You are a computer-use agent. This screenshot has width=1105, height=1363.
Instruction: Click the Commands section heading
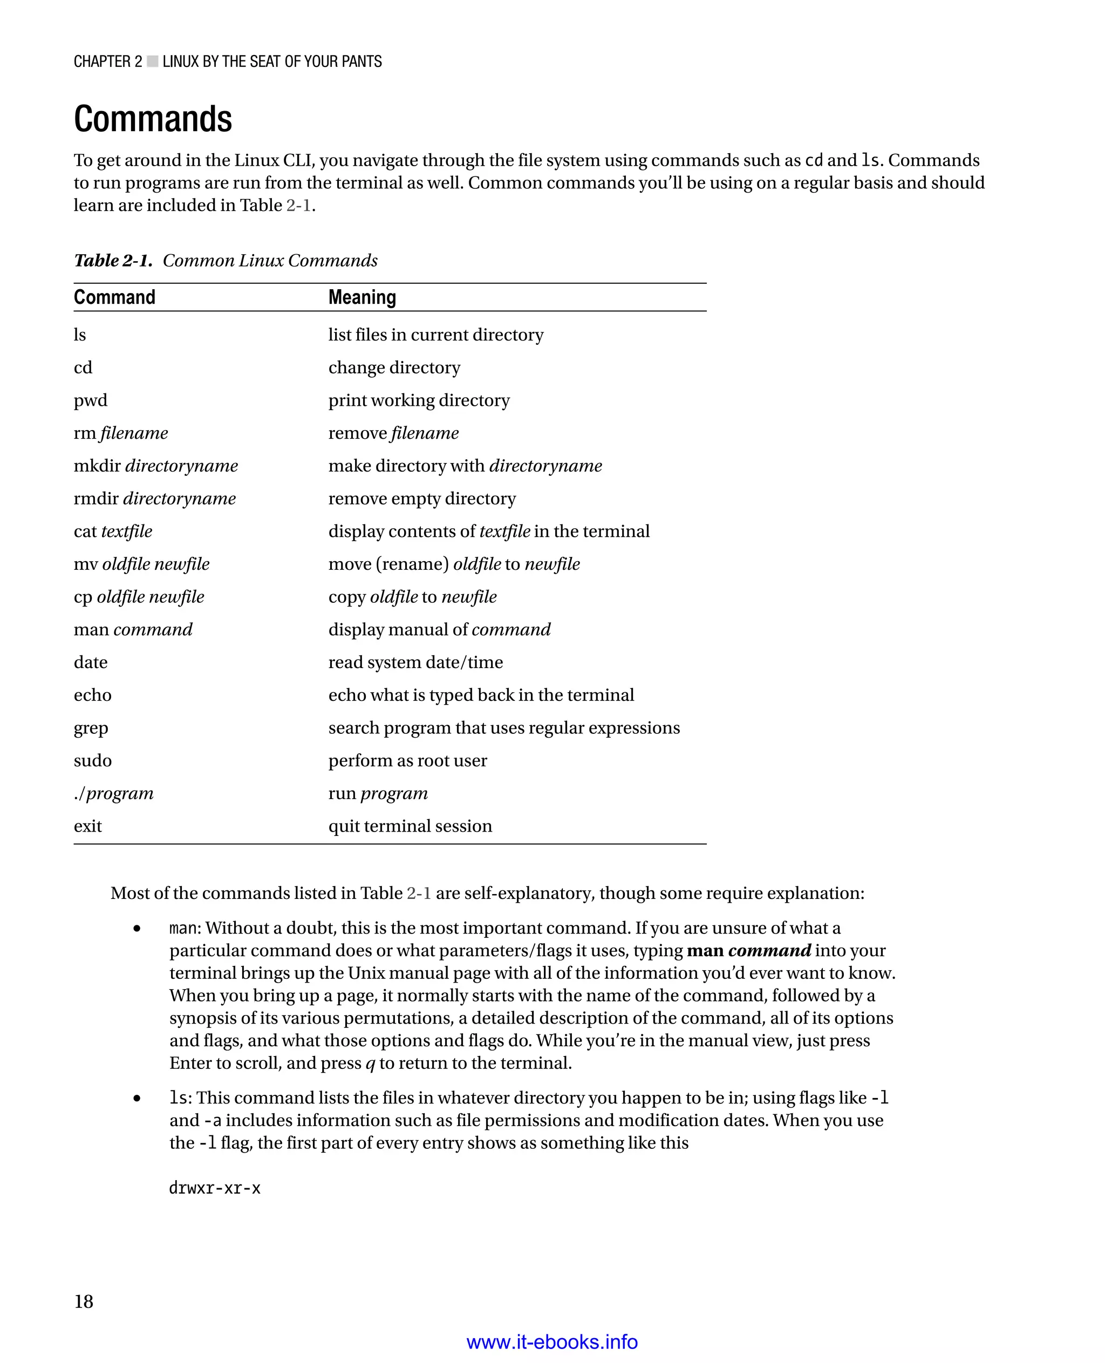coord(153,119)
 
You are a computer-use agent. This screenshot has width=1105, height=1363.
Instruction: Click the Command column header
coord(114,297)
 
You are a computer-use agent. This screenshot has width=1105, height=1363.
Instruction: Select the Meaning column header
coord(362,297)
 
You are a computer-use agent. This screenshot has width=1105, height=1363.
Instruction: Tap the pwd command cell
coord(91,400)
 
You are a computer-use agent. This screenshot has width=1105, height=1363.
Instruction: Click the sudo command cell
coord(92,761)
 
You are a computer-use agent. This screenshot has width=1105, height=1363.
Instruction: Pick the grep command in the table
coord(91,728)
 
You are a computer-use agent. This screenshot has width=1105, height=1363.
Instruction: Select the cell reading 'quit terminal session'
coord(410,826)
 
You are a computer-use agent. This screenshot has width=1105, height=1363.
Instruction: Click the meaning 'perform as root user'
coord(407,761)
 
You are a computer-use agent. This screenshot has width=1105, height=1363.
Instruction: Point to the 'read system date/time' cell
coord(415,663)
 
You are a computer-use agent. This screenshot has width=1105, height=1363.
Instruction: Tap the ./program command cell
coord(113,794)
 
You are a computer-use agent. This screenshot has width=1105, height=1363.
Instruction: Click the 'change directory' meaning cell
coord(394,368)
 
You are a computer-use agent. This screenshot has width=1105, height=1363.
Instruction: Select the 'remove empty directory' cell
coord(421,499)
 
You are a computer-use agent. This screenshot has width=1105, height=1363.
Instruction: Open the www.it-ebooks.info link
coord(552,1342)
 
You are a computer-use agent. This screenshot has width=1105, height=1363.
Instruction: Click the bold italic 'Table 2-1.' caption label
coord(113,261)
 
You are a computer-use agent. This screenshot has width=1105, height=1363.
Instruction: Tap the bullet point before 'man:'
coord(137,929)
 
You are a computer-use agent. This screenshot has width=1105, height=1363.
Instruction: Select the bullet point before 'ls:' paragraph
coord(137,1099)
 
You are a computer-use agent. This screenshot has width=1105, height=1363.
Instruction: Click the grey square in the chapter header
coord(153,62)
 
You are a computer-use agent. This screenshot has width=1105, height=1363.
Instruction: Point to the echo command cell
coord(92,695)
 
